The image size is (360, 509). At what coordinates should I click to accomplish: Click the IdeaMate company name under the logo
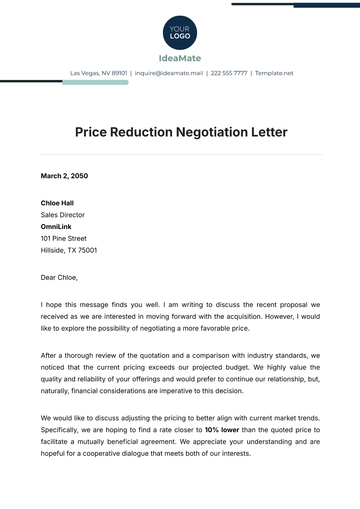(180, 57)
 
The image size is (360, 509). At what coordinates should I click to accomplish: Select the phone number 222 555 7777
(229, 73)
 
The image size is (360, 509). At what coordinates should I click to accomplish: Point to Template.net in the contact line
(273, 73)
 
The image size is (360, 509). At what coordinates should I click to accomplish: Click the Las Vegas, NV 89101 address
(99, 73)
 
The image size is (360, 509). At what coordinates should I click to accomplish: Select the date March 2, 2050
(64, 175)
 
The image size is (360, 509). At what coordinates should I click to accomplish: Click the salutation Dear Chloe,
(59, 277)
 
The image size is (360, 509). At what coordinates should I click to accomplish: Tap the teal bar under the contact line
(95, 83)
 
